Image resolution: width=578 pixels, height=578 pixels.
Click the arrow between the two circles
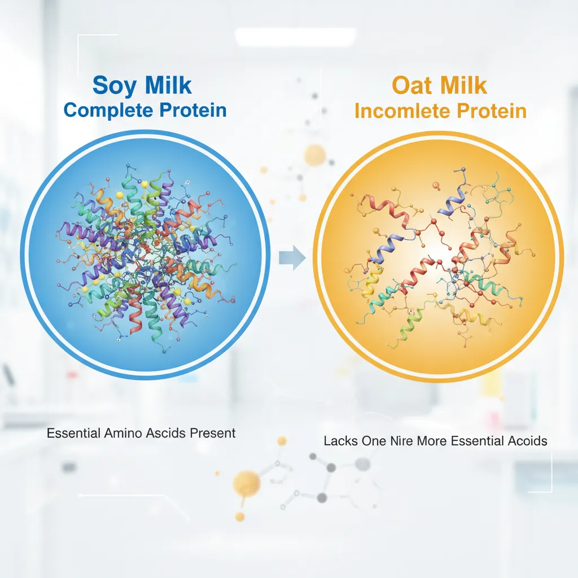pos(292,257)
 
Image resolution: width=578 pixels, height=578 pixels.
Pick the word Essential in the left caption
pos(74,433)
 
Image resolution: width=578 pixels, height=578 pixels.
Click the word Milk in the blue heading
pos(168,85)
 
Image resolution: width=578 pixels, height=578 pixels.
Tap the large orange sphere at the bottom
pos(246,483)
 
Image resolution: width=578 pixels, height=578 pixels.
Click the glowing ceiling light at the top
pos(295,37)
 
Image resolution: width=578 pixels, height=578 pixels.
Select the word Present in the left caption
pos(213,433)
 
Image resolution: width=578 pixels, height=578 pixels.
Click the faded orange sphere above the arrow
pos(315,155)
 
